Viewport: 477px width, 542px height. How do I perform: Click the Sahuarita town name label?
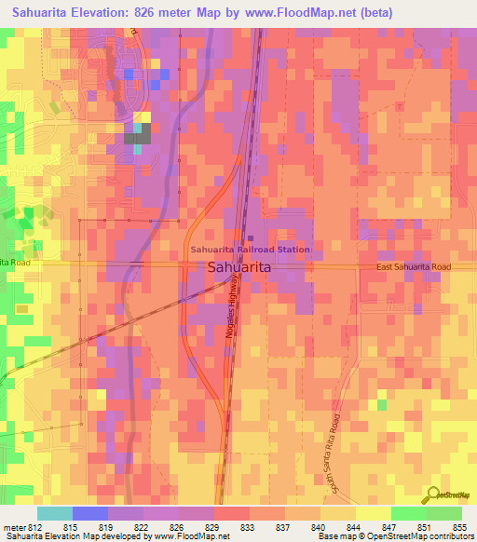238,267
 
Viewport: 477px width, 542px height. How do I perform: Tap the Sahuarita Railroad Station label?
250,250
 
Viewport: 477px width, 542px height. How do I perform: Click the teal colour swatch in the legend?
54,513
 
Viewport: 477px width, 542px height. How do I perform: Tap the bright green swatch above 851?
408,513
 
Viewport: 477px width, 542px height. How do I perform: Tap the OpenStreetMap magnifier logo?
431,495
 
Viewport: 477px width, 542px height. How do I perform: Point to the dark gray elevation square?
137,137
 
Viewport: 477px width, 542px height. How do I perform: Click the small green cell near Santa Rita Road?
381,405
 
